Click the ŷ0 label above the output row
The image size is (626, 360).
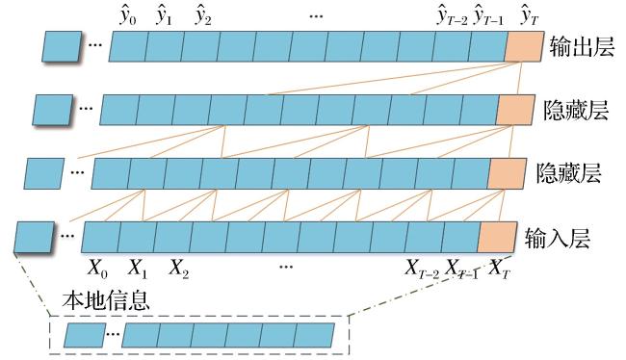coord(128,16)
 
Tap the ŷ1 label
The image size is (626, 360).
coord(164,16)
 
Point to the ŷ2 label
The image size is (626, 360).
coord(203,16)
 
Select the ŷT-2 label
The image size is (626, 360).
coord(453,16)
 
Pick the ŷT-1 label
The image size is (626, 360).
coord(488,16)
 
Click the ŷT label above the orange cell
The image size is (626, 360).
coord(530,16)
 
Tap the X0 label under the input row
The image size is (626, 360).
coord(97,269)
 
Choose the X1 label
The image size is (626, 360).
coord(138,269)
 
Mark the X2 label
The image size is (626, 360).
coord(178,269)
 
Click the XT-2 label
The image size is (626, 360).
coord(422,269)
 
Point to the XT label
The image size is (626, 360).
coord(500,269)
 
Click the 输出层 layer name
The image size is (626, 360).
coord(582,47)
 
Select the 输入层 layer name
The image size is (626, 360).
coord(558,238)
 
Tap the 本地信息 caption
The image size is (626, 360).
coord(106,301)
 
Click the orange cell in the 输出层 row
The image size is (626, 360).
coord(524,47)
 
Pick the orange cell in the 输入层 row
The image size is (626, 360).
coord(498,238)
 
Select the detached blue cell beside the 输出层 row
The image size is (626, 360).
coord(62,47)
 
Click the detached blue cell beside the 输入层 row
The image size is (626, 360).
coord(34,238)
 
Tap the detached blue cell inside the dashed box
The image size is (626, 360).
coord(85,335)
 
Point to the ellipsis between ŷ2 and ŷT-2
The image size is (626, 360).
coord(316,16)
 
